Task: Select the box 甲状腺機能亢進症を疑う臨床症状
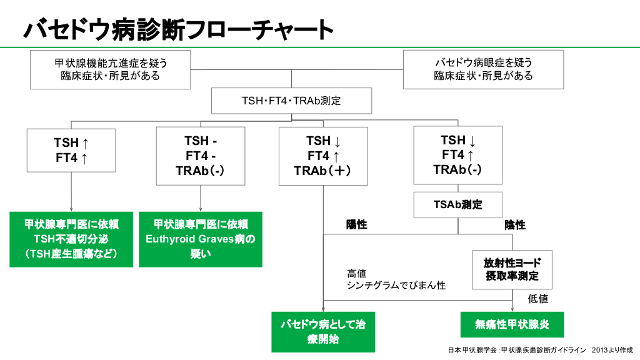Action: click(x=110, y=69)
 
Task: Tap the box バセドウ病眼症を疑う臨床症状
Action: click(x=483, y=69)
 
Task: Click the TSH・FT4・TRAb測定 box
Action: click(x=291, y=101)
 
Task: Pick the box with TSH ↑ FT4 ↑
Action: click(x=71, y=150)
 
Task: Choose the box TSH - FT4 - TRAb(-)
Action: click(x=200, y=156)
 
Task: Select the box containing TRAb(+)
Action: click(x=323, y=156)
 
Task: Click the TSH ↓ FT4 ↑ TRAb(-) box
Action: click(x=457, y=154)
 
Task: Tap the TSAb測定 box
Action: click(x=457, y=204)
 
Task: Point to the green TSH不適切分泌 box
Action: click(x=71, y=239)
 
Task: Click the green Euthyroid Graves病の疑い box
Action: click(x=200, y=239)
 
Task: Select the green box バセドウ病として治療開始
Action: click(x=323, y=331)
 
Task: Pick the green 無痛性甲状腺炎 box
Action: click(x=512, y=324)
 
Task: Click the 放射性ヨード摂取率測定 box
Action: click(x=512, y=269)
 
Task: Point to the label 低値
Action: click(x=538, y=299)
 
